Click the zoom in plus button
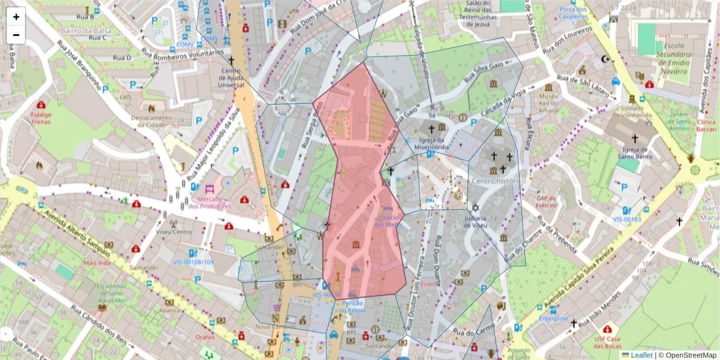click(16, 17)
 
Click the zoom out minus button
click(16, 35)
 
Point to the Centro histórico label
click(497, 181)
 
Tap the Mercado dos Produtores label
click(209, 202)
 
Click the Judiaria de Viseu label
click(479, 221)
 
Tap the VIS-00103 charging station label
click(627, 220)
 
